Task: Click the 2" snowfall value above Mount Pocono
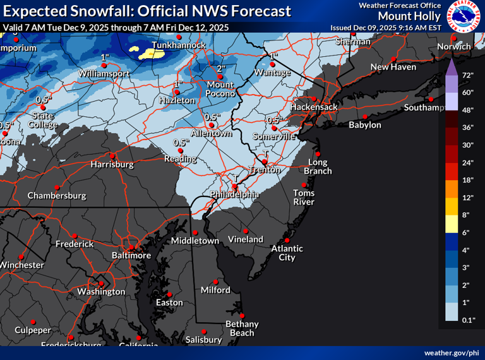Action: tap(221, 68)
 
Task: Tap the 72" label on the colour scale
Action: tap(468, 75)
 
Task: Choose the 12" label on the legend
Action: tap(468, 198)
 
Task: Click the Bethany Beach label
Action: tap(242, 328)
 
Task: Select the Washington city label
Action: tap(101, 292)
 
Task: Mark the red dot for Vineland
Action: tap(246, 231)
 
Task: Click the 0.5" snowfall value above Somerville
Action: tap(274, 119)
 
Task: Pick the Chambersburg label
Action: tap(56, 196)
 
